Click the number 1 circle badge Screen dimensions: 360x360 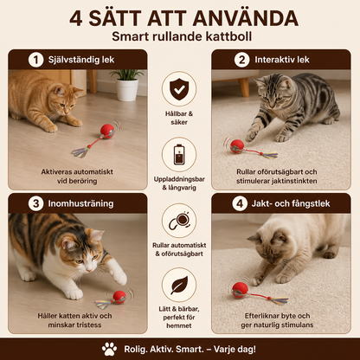(35, 60)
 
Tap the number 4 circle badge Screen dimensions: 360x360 (240, 203)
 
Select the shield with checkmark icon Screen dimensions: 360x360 (179, 89)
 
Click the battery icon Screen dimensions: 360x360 (179, 154)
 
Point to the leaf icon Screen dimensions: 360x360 (179, 286)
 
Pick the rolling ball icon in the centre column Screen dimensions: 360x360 (179, 221)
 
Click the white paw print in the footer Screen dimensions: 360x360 (109, 350)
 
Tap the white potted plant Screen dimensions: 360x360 (127, 86)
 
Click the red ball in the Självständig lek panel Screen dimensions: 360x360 (107, 132)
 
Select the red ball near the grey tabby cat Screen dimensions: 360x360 (237, 146)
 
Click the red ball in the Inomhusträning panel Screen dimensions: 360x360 (119, 297)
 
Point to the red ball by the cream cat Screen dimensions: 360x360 (240, 290)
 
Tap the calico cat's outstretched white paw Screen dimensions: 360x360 (119, 277)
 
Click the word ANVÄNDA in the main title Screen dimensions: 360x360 (245, 18)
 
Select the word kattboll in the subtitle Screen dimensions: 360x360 (228, 36)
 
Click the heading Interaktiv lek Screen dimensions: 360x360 (282, 60)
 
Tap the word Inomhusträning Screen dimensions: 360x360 (80, 203)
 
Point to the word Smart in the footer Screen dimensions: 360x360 (190, 350)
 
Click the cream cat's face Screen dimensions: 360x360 (271, 248)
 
